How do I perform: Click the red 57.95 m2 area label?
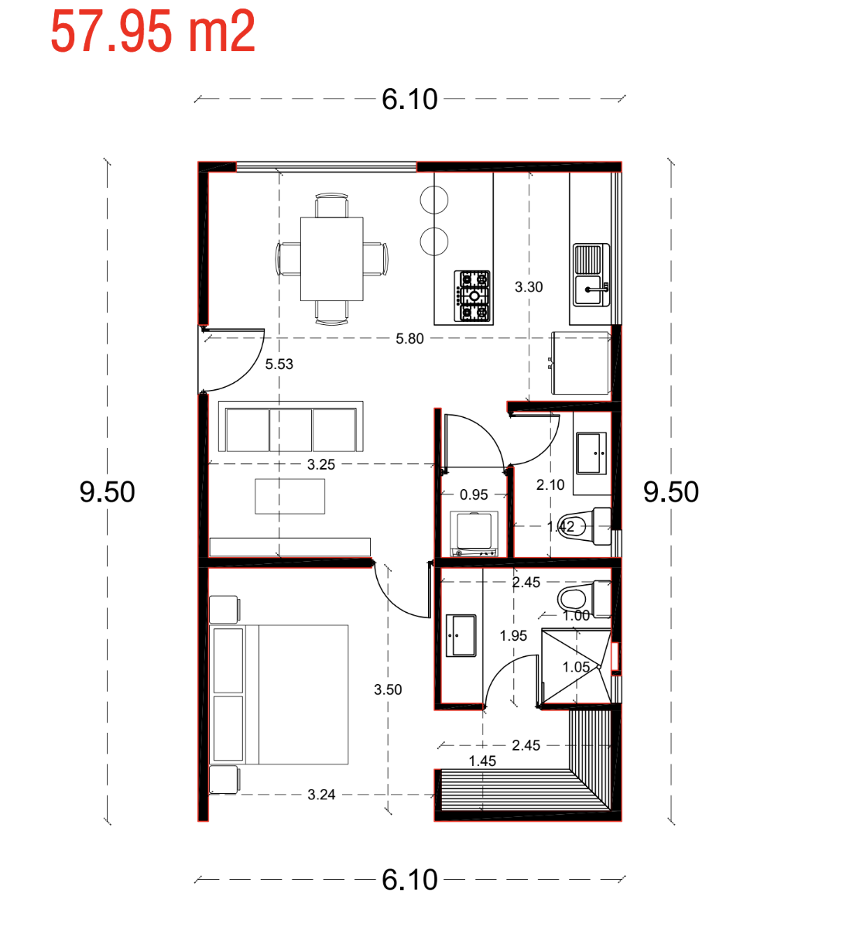click(152, 31)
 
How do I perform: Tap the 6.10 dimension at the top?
click(409, 99)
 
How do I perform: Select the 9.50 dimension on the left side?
click(107, 492)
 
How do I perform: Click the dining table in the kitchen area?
click(331, 259)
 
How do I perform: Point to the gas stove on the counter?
click(473, 296)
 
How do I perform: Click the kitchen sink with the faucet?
click(591, 275)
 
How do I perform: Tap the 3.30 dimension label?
click(528, 287)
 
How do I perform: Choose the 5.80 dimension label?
click(409, 339)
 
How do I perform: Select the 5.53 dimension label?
click(279, 364)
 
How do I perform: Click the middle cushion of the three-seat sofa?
click(290, 429)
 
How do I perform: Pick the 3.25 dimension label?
click(320, 465)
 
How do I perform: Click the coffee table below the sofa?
click(289, 496)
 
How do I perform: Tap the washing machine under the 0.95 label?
click(474, 534)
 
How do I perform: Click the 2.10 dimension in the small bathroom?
click(550, 485)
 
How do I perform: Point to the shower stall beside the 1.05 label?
click(576, 667)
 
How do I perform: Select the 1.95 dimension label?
click(513, 635)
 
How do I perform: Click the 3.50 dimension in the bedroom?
click(388, 689)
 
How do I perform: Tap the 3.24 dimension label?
click(321, 795)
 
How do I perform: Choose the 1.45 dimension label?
click(482, 761)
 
